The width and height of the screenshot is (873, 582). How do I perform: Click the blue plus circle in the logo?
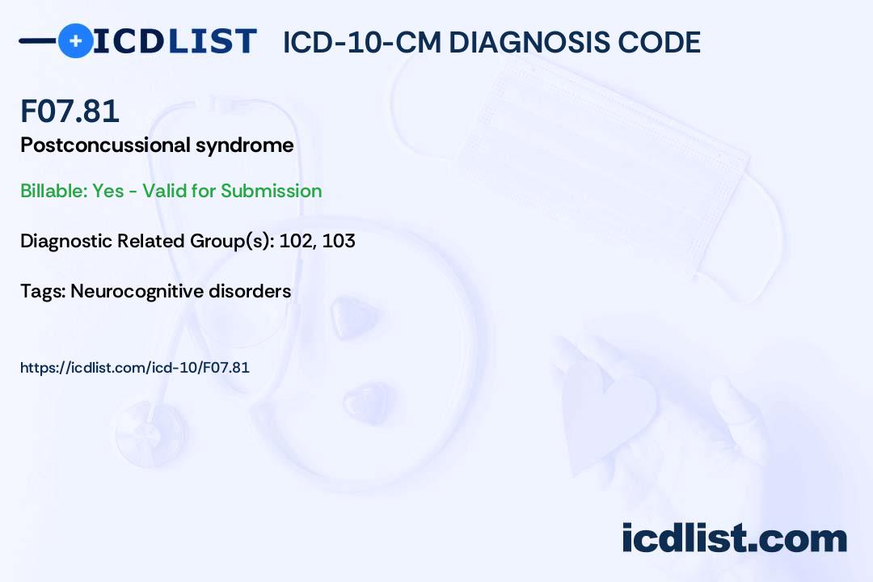click(75, 41)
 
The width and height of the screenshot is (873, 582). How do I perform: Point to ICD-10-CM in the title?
click(362, 42)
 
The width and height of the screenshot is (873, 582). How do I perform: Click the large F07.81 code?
click(70, 110)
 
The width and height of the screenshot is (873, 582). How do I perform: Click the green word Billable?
click(53, 191)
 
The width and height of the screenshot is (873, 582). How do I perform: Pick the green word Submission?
click(271, 191)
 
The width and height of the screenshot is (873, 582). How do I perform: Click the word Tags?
click(42, 291)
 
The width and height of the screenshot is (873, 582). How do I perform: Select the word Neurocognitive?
click(137, 291)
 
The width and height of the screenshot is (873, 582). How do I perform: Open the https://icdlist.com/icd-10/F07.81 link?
click(135, 368)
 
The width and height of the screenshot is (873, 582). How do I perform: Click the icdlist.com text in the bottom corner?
click(734, 538)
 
